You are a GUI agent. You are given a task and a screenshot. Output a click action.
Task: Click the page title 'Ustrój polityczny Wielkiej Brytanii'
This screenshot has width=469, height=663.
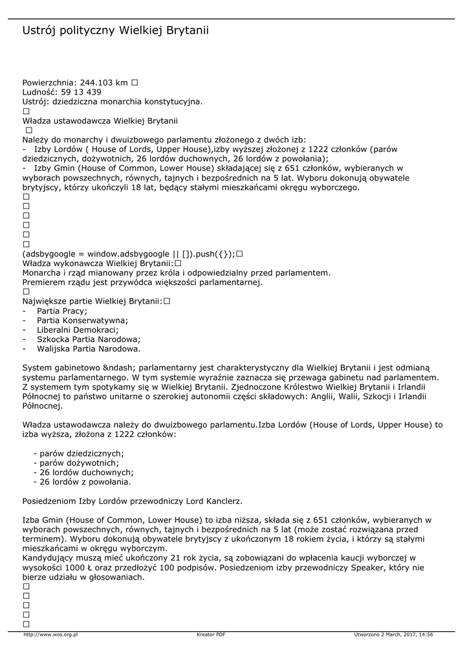coord(116,30)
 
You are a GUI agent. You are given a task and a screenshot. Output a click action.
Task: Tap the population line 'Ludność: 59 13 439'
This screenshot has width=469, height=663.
coord(61,92)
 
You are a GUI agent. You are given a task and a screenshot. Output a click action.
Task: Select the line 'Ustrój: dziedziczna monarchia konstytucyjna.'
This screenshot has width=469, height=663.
coord(113,101)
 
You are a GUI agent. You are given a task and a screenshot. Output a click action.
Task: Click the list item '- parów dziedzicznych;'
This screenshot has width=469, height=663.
coord(78,453)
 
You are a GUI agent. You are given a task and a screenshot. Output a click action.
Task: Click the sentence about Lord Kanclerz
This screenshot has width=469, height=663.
coord(133,500)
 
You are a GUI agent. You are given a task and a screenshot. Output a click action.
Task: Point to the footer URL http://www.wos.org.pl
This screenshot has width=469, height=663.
coord(50,635)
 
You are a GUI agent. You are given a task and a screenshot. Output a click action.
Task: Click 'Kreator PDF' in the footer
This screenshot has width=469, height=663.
coord(211,635)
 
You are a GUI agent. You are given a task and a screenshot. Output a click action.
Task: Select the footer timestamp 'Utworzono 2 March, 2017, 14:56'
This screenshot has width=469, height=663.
coord(393,635)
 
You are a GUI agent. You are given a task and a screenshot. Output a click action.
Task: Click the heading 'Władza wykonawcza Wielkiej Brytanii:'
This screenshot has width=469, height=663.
coord(98,264)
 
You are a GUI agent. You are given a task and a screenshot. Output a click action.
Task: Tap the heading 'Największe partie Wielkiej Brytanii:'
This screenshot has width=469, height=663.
coord(93,301)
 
